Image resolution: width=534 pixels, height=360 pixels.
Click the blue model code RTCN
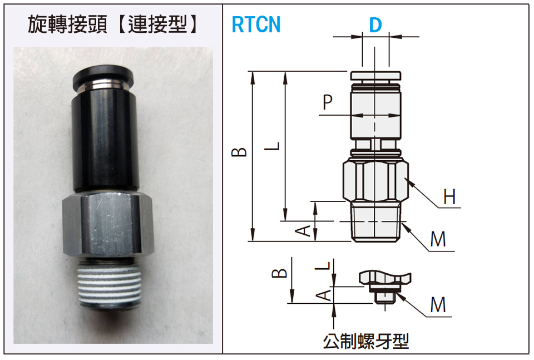[x=256, y=25]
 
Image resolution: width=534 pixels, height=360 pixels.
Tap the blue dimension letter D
[x=375, y=25]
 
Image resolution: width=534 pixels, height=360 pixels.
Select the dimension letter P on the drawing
[x=328, y=102]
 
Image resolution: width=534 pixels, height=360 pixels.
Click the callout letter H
[x=449, y=196]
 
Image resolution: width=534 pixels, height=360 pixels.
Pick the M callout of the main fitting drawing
[x=438, y=239]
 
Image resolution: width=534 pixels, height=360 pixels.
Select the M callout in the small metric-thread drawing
[x=438, y=304]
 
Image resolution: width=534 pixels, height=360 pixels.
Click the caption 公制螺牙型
[x=365, y=341]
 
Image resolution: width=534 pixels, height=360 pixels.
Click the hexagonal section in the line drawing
[x=375, y=181]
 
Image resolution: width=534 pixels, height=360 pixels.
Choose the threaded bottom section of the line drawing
[x=375, y=223]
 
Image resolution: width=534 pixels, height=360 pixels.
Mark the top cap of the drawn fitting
[x=375, y=76]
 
